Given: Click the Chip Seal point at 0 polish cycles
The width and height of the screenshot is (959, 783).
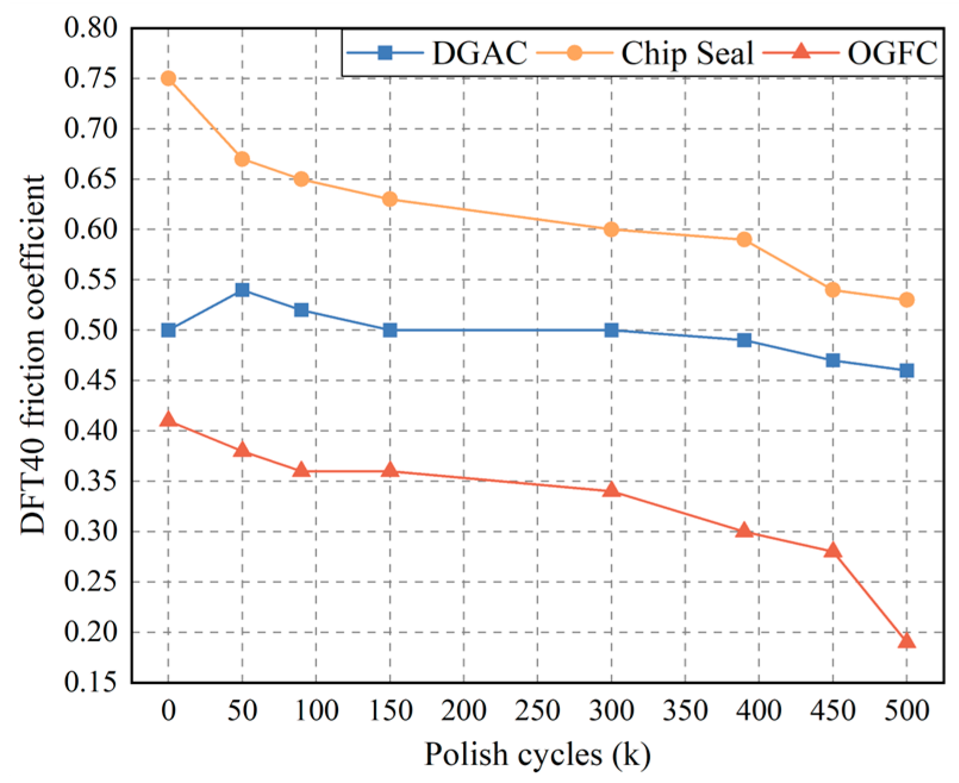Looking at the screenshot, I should [x=168, y=79].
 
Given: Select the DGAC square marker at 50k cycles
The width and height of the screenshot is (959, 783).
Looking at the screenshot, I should [x=242, y=290].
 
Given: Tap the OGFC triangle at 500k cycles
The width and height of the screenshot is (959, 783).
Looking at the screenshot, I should [x=907, y=641].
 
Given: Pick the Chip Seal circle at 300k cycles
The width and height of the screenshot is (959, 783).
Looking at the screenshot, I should [x=611, y=230].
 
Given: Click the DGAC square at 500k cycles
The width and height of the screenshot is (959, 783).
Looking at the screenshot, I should [x=907, y=371].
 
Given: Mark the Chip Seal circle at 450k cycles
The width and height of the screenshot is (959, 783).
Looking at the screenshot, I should [x=833, y=290].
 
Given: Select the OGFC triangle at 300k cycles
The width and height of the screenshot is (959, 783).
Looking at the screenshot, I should [x=611, y=490].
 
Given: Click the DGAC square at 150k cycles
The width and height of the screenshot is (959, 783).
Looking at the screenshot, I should [x=390, y=330].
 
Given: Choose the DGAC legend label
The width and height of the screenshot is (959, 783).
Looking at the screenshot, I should [x=479, y=53].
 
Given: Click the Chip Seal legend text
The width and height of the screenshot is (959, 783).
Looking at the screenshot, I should [x=688, y=53].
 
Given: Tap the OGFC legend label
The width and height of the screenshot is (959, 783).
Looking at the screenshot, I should [x=892, y=53].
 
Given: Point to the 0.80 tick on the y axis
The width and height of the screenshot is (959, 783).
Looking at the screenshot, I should [x=91, y=28].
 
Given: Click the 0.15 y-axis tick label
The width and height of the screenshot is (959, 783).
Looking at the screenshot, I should [x=91, y=682].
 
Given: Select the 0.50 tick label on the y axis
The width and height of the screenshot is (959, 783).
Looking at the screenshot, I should [x=91, y=330].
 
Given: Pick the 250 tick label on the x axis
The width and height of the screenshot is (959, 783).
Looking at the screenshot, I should [x=538, y=710].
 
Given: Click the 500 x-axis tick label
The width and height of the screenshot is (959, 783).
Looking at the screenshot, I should [x=907, y=710].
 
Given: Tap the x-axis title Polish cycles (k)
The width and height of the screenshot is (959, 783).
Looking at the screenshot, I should [x=538, y=754].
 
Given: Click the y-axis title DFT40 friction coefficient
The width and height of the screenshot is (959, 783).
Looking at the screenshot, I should [x=33, y=355].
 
